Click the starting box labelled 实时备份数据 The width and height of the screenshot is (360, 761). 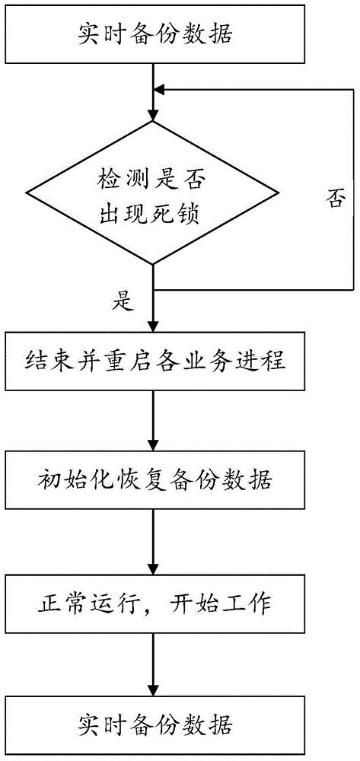155,33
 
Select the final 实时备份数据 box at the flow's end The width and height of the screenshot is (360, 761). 155,720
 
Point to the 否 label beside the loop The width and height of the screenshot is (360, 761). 335,200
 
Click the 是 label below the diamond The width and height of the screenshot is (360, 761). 122,303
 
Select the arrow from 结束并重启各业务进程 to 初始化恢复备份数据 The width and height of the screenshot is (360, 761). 155,419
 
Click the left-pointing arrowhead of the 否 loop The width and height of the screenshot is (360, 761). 160,91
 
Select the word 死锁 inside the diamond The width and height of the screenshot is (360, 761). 183,214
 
